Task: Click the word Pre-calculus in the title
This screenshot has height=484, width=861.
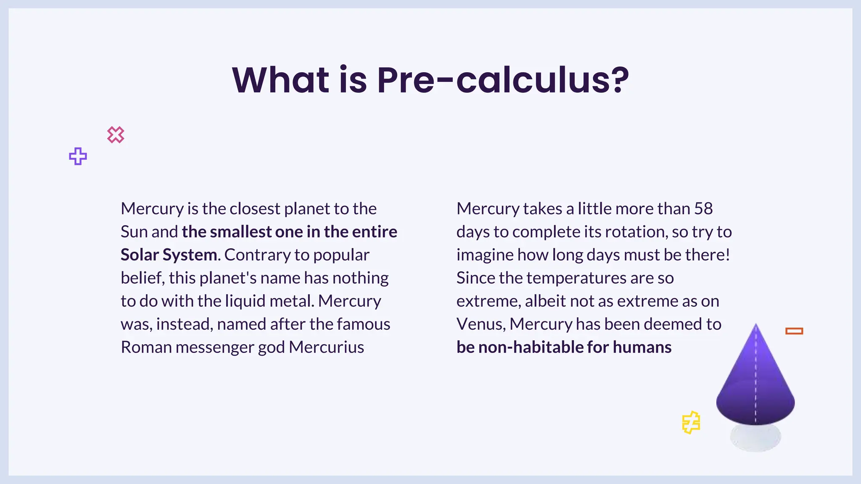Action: tap(503, 80)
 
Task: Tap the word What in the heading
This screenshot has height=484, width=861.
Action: tap(281, 80)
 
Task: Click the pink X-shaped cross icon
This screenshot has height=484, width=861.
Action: tap(116, 135)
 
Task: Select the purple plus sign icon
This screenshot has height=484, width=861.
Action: tap(78, 156)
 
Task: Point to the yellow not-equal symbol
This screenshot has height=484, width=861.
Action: tap(691, 422)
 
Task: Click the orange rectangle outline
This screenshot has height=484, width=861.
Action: tap(794, 331)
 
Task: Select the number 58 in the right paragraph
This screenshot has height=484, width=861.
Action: tap(703, 209)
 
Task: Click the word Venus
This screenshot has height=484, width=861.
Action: tap(481, 324)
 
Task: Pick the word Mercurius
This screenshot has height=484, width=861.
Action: tap(326, 347)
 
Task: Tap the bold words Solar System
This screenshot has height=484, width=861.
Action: tap(169, 255)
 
